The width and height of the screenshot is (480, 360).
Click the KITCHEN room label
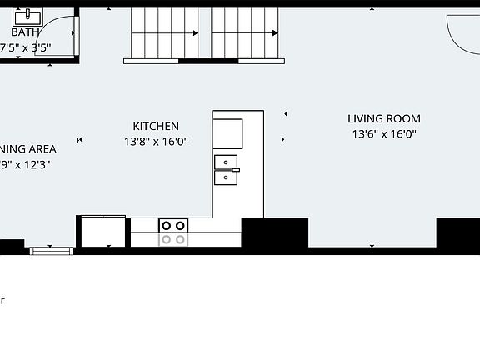point(156,127)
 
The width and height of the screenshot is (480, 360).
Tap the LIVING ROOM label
point(383,119)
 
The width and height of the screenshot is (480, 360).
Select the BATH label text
point(25,32)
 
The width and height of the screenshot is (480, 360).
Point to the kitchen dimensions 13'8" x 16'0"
point(156,142)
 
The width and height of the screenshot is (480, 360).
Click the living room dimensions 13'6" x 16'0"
point(383,133)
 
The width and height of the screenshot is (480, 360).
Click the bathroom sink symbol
point(32,16)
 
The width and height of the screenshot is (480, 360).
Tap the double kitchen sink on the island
point(226,169)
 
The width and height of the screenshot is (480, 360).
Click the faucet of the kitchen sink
point(237,170)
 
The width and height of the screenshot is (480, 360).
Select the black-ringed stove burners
point(173,225)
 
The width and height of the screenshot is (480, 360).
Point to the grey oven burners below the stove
point(173,239)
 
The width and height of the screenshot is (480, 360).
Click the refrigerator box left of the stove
point(102,231)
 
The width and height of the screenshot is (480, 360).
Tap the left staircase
point(162,33)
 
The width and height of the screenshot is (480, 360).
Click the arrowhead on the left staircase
point(195,33)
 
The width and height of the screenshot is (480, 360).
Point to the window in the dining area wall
point(51,249)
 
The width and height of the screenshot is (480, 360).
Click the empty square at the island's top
point(227,133)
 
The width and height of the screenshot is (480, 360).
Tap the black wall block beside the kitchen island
point(274,232)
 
